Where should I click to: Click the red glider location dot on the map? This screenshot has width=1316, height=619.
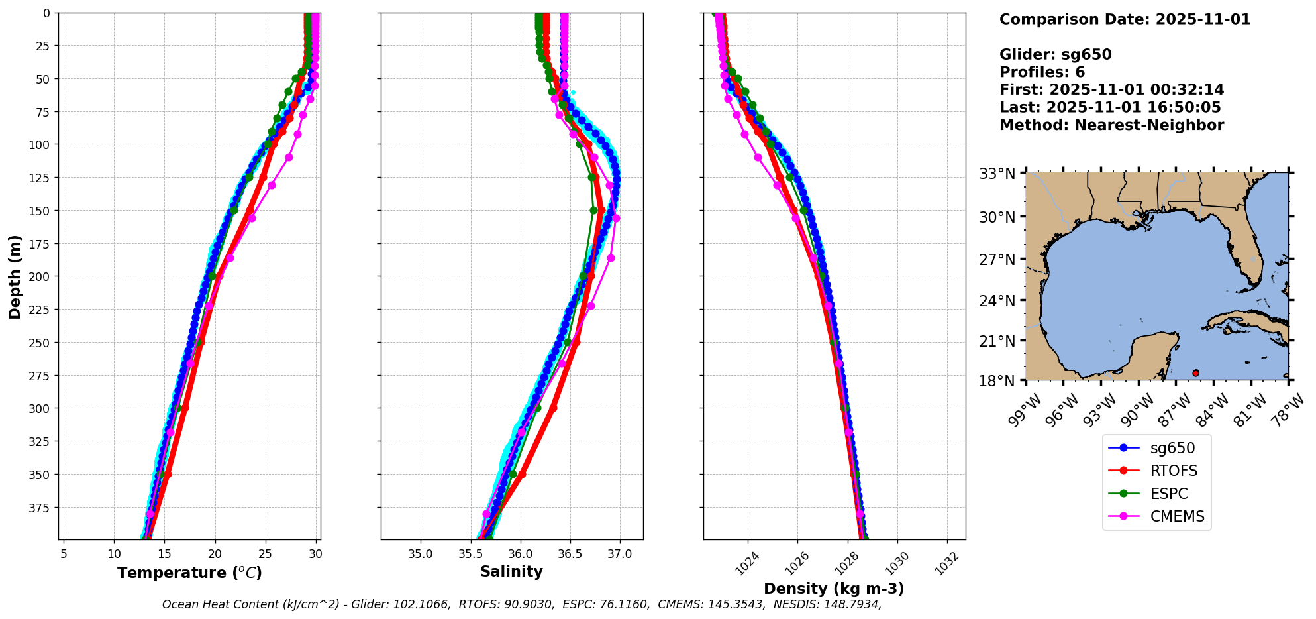(1195, 373)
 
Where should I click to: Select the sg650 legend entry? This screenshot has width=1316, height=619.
(1172, 448)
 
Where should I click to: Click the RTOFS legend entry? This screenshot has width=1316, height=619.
(1174, 471)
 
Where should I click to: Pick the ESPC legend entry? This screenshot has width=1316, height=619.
(1169, 494)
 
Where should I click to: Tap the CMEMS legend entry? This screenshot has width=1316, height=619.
(1177, 517)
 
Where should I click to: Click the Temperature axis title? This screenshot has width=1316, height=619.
(189, 573)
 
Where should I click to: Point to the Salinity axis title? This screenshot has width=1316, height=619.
(511, 571)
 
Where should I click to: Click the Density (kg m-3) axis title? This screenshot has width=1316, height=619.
(834, 589)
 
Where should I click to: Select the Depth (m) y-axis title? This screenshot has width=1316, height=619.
(15, 276)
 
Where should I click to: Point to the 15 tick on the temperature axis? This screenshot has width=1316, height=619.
(164, 553)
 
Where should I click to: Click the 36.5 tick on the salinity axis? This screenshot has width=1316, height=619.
(570, 553)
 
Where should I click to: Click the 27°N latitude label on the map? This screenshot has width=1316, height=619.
(997, 259)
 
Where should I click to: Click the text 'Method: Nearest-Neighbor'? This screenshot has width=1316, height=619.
(1111, 125)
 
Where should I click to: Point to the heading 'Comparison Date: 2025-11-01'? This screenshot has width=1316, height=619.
(1125, 19)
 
